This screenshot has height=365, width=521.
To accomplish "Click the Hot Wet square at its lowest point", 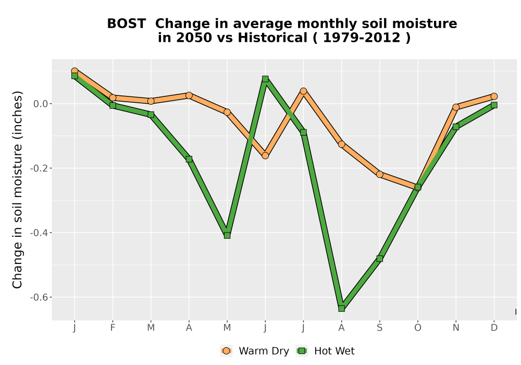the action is coord(341,309).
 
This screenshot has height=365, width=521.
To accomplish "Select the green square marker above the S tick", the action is coord(379,259).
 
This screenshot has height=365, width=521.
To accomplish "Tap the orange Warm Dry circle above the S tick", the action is coord(379,174).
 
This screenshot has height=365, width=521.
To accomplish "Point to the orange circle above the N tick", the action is coord(455,107).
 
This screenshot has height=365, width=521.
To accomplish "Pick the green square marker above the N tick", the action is coord(455,127).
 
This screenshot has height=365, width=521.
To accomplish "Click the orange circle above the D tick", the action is coord(494,96).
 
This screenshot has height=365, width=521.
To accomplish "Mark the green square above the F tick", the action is coord(113,105).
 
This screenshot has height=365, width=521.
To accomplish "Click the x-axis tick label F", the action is coord(113,328).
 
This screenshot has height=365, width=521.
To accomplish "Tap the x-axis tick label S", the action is coord(379,328).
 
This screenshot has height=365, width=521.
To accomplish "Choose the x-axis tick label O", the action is coord(418,328).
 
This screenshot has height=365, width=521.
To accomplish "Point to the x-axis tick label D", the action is coord(494,328).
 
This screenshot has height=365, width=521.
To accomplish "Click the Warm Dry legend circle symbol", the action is coord(226,351).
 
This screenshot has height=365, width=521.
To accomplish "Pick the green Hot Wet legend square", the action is coord(302,351).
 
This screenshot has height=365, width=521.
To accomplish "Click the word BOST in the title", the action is coord(126,23).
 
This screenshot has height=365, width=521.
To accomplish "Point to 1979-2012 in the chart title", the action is coord(362,38).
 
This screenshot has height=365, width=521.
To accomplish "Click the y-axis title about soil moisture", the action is coord(17,190).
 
